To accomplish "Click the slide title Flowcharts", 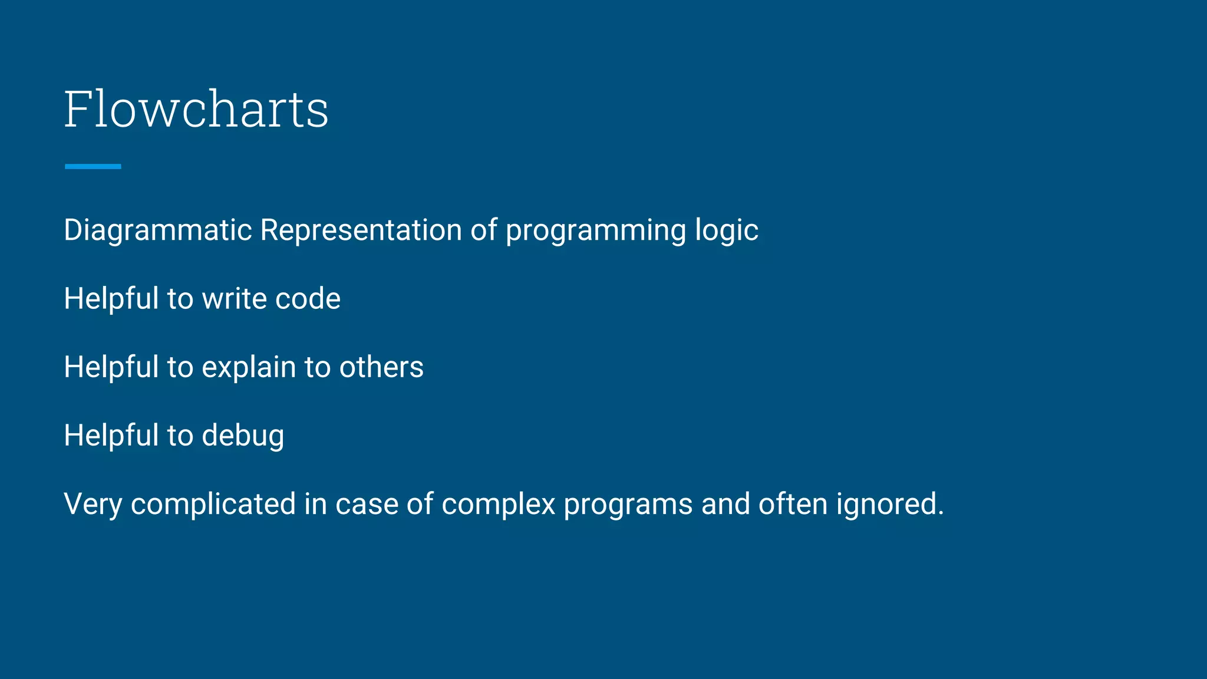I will (x=196, y=109).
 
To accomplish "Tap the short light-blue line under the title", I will (x=93, y=167).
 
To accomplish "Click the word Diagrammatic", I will (x=158, y=230).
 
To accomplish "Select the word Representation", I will (x=361, y=230).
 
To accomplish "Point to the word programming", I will (x=595, y=230).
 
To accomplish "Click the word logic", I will (x=726, y=230).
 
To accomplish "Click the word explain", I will (x=249, y=368).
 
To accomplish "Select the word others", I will (x=381, y=367).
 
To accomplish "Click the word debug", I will (x=243, y=436).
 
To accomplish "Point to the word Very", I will (x=93, y=505).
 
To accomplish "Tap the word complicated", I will (x=213, y=505).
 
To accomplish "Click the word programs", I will (x=628, y=506).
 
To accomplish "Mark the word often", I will (x=793, y=505).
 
